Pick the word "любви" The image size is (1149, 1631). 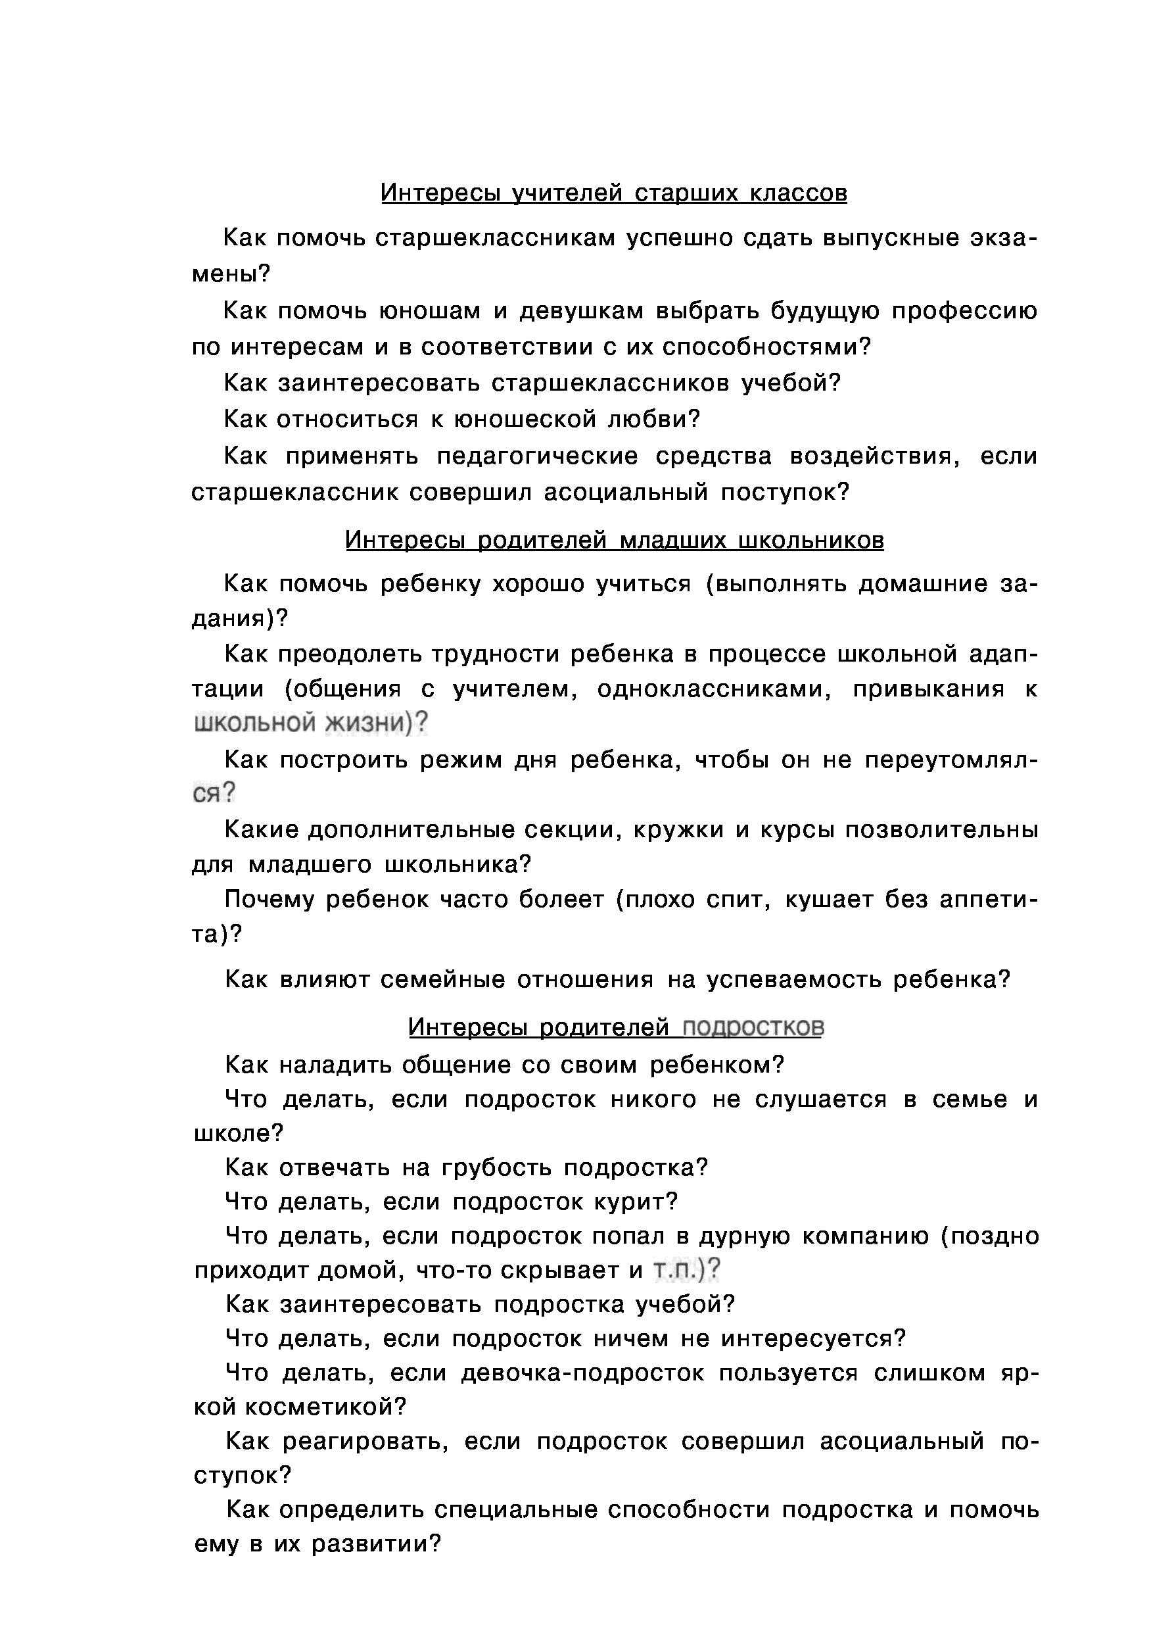654,419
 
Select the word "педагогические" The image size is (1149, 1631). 537,456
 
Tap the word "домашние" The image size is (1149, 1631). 923,584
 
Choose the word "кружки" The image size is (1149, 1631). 679,830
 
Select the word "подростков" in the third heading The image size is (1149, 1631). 752,1027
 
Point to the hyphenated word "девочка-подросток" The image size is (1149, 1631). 582,1373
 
